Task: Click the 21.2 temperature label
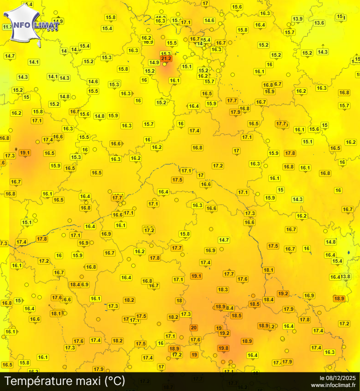tap(166, 59)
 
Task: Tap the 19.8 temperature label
tap(224, 348)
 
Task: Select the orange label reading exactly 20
tap(194, 328)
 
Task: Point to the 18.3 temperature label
tap(223, 290)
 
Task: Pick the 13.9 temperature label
tap(298, 19)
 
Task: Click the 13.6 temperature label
tap(319, 23)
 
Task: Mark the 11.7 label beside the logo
tap(7, 27)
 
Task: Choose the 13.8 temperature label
tap(346, 277)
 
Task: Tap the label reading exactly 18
tap(179, 301)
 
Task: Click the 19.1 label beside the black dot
tap(25, 153)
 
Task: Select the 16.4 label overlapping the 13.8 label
tap(335, 277)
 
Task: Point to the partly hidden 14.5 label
tap(75, 50)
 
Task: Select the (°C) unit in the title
tap(114, 381)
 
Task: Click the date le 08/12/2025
tap(337, 377)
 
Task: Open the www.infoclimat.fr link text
tap(333, 385)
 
